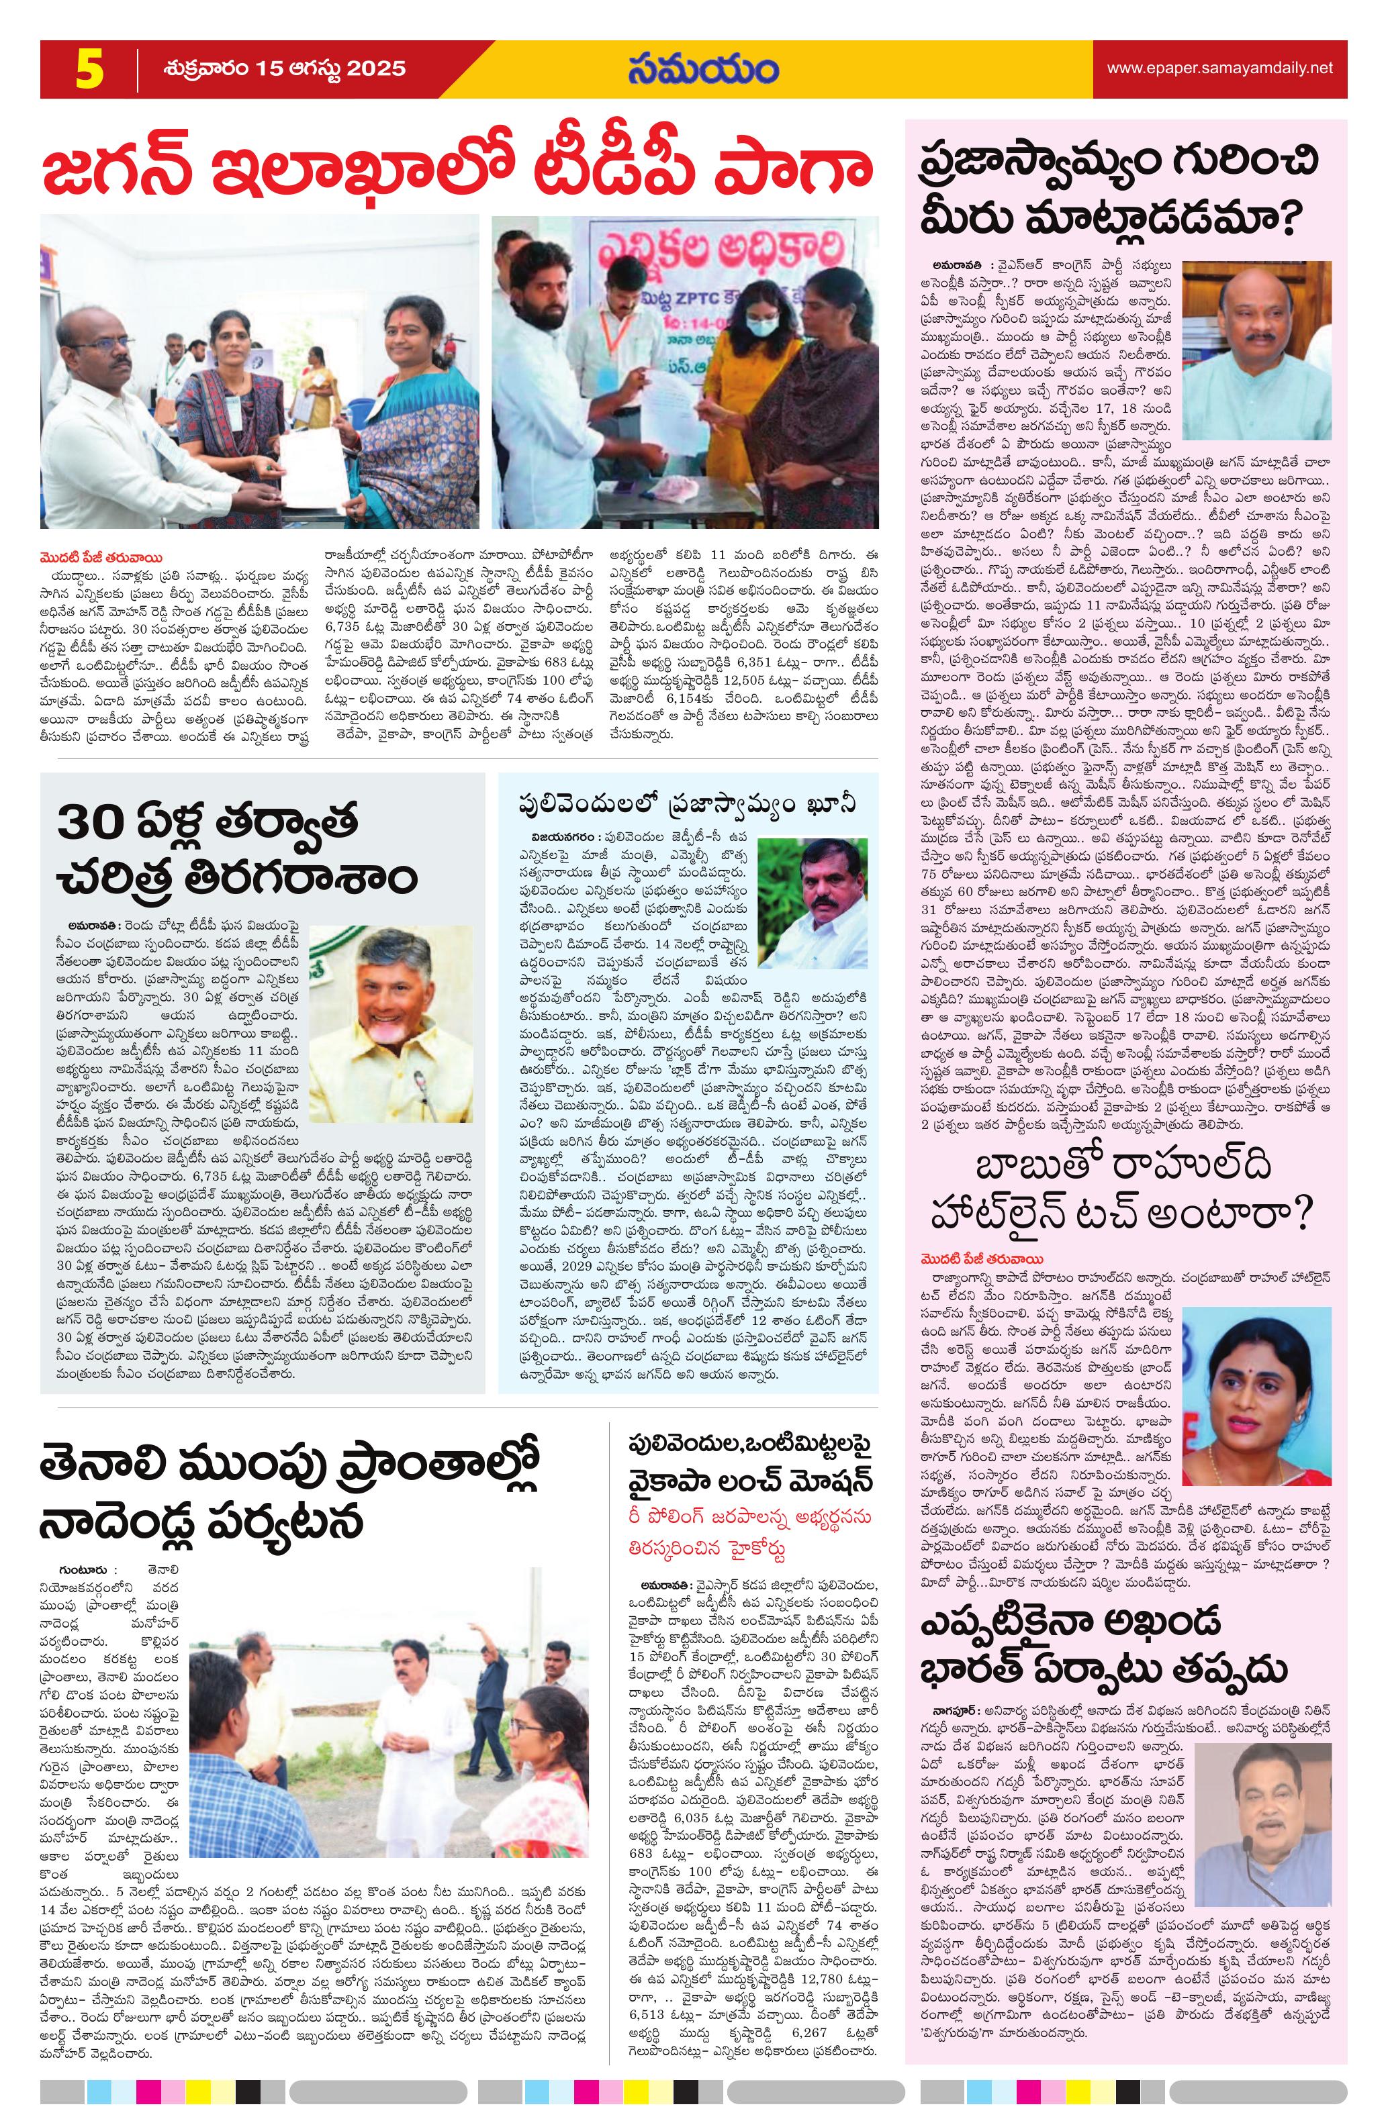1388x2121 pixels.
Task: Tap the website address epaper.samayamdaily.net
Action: pos(1219,68)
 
